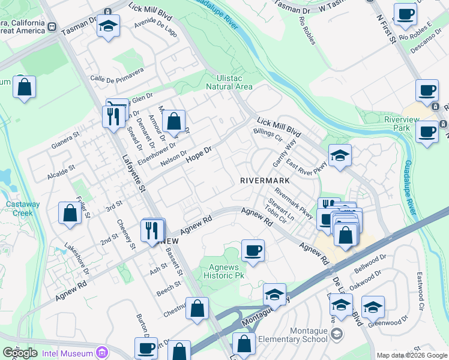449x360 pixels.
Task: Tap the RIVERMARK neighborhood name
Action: tap(265, 180)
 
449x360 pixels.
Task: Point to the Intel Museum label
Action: tap(68, 351)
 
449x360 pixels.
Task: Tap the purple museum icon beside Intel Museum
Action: tap(101, 351)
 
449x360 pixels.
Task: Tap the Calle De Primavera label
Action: tap(117, 74)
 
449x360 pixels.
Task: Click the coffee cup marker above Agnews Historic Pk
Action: tap(253, 250)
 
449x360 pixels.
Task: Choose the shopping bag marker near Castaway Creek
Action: tap(70, 214)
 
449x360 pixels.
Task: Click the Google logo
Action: tap(20, 353)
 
